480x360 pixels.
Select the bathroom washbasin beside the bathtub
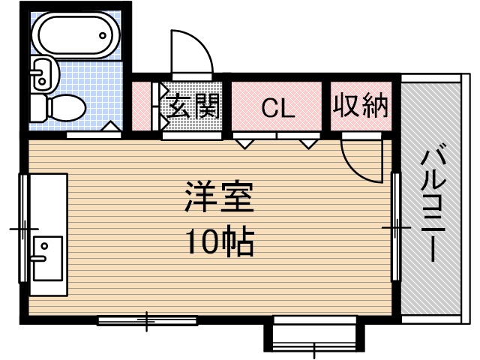click(43, 73)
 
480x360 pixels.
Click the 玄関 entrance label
click(193, 107)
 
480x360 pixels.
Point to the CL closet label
click(277, 109)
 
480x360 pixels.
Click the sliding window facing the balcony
click(394, 226)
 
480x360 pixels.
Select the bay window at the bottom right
click(313, 335)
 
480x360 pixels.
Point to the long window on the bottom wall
click(147, 321)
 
